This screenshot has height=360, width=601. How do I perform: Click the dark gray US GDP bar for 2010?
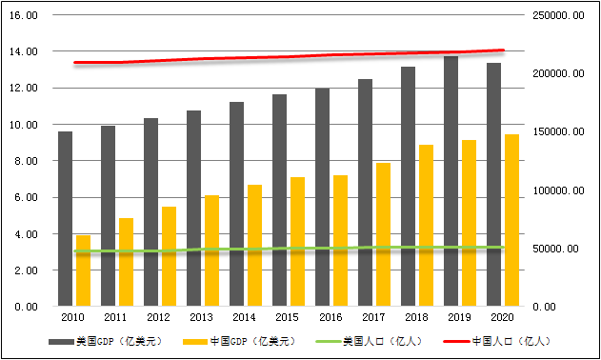coord(65,219)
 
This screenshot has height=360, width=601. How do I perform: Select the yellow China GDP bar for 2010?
coord(83,270)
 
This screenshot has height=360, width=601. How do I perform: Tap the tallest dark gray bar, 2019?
coord(451,181)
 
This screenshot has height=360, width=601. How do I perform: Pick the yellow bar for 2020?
coord(511,220)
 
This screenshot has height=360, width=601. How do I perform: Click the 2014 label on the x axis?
coord(243,316)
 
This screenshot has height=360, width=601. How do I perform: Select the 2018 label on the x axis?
coord(415,316)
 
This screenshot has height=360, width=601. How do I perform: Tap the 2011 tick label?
coord(114,316)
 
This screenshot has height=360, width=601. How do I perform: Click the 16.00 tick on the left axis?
coord(25,16)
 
